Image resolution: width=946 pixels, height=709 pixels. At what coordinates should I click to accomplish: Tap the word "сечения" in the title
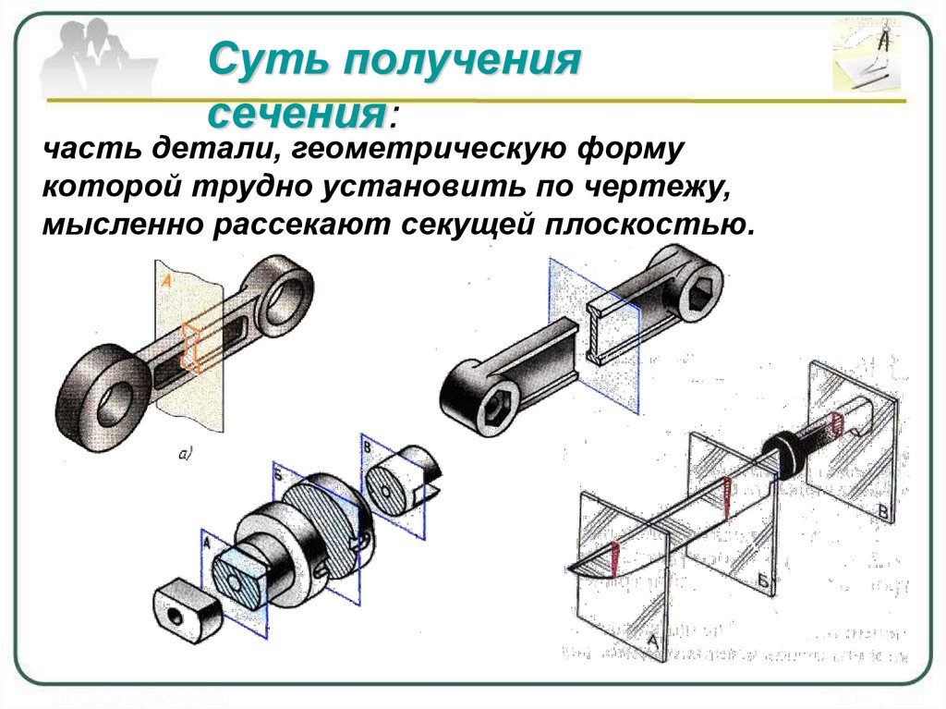pos(296,114)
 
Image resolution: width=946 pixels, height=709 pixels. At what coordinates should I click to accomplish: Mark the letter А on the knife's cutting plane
pos(651,641)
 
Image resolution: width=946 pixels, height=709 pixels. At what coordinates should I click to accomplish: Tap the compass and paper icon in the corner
pos(869,57)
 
